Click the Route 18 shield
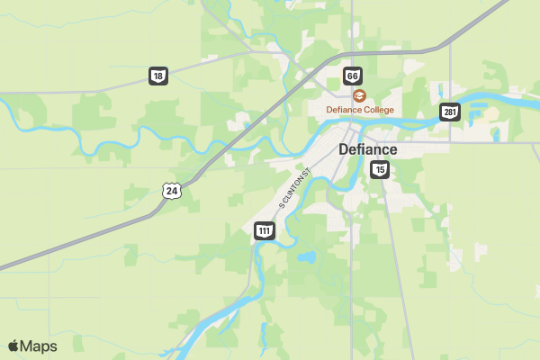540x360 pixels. click(x=158, y=76)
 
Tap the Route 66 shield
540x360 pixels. click(x=352, y=76)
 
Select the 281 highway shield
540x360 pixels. click(x=449, y=112)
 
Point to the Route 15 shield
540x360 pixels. click(x=380, y=169)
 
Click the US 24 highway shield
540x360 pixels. click(x=172, y=190)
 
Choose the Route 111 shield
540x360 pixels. click(x=264, y=230)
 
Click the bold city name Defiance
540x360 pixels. click(x=367, y=149)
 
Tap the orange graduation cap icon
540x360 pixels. click(x=359, y=95)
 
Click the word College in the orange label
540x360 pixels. click(x=377, y=110)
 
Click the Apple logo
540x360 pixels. click(x=13, y=346)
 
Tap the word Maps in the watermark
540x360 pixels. click(x=39, y=346)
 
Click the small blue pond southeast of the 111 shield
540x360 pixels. click(x=307, y=256)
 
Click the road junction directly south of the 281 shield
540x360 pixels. click(x=449, y=141)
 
